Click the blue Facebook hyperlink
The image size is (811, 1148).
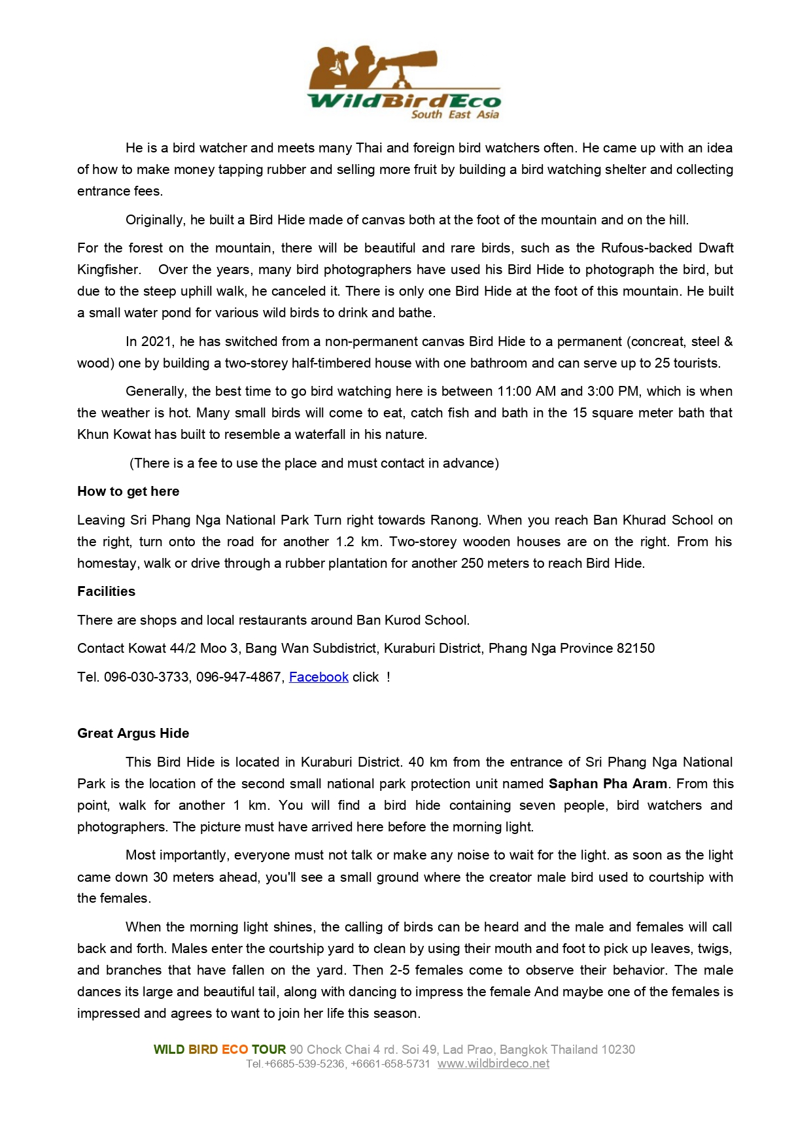coord(319,677)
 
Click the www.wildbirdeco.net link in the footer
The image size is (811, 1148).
coord(493,1064)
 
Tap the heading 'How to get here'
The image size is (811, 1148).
coord(128,491)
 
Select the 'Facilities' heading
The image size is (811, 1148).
coord(107,591)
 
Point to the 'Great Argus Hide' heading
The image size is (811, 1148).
coord(133,733)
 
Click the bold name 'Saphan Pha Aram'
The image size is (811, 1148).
coord(608,784)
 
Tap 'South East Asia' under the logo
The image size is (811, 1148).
coord(455,114)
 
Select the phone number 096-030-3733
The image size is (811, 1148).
coord(147,677)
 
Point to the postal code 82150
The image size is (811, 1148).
coord(636,648)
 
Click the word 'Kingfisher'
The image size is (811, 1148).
coord(109,270)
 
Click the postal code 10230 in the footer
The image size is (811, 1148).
coord(618,1049)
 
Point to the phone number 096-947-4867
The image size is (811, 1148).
coord(239,677)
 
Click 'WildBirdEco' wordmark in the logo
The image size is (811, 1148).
coord(404,101)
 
